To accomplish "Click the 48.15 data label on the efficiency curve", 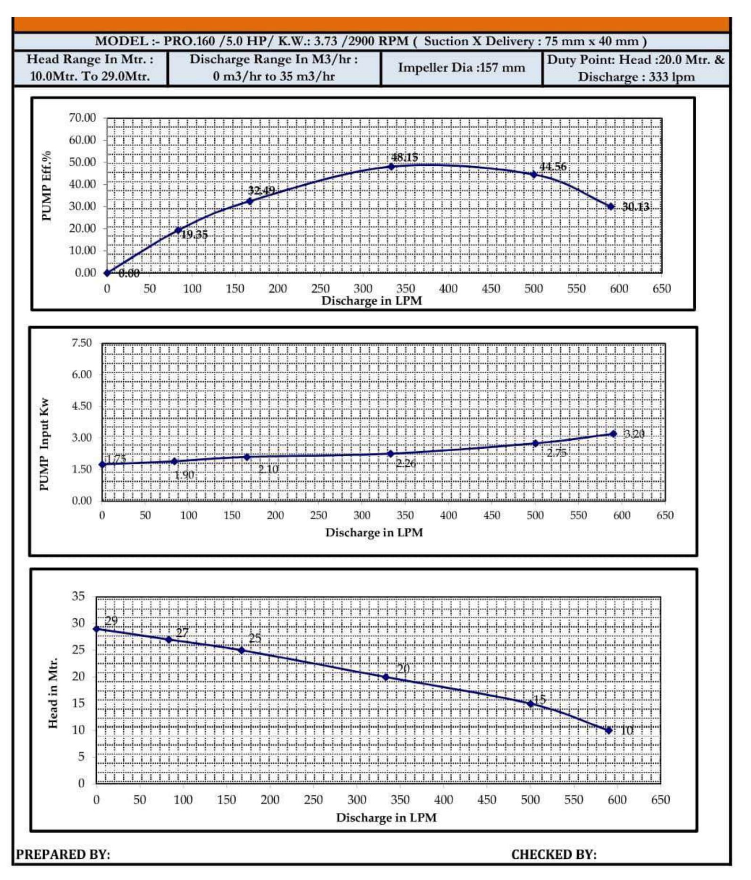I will (405, 157).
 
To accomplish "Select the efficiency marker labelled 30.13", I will (611, 206).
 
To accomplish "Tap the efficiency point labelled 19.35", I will (178, 231).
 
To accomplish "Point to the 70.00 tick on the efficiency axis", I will (83, 118).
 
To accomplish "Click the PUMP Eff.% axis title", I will (46, 186).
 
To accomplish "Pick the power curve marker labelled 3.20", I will (613, 434).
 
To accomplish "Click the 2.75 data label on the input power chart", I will (557, 453).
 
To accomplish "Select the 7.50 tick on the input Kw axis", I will (82, 343).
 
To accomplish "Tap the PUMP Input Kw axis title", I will (44, 444).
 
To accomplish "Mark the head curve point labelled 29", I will (97, 629).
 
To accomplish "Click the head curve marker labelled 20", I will (386, 677).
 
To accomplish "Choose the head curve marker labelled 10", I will (609, 730).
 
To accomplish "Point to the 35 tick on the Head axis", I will (78, 596).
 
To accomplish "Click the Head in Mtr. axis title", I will (53, 692).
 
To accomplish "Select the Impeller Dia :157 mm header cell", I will (461, 68).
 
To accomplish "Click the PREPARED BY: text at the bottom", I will (63, 854).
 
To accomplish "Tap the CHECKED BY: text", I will (554, 854).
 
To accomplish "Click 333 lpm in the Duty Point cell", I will (671, 77).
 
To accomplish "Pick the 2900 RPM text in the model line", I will (379, 41).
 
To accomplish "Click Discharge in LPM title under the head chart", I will (386, 817).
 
